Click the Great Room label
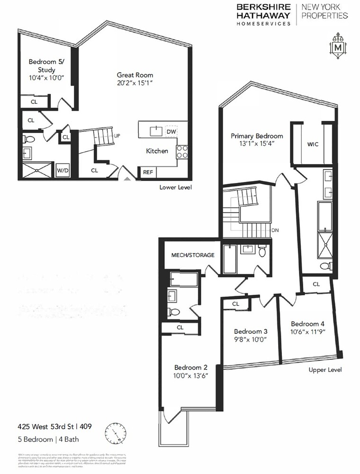(x=135, y=75)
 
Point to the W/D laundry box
(x=62, y=170)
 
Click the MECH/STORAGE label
(x=193, y=255)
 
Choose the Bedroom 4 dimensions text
(x=308, y=332)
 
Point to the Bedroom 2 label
(x=191, y=367)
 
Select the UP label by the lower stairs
(x=117, y=136)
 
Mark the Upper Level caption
(x=325, y=370)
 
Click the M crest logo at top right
(x=338, y=47)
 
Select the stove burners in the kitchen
(x=182, y=151)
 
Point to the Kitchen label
(x=157, y=151)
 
